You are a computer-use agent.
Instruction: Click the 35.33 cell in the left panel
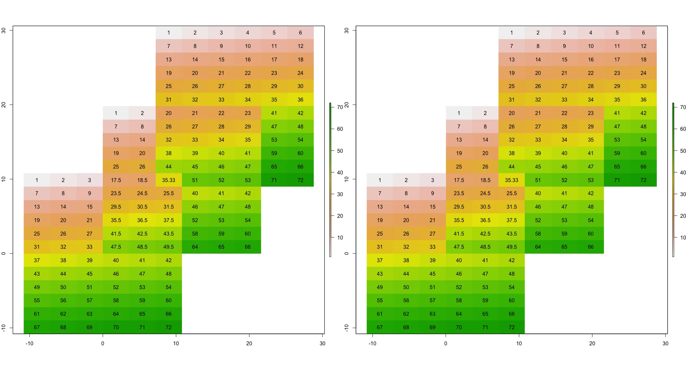click(x=168, y=180)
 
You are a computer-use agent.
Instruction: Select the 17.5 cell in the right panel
click(x=459, y=180)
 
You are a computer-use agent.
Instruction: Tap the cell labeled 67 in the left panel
click(x=37, y=327)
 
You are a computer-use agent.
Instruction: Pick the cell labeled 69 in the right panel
click(x=432, y=327)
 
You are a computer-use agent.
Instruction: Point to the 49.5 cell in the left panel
click(x=168, y=247)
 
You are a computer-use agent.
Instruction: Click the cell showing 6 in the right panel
click(x=643, y=33)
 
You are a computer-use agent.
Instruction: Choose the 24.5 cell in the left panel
click(x=142, y=193)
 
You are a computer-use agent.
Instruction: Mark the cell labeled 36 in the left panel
click(x=300, y=100)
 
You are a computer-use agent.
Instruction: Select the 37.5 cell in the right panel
click(x=512, y=220)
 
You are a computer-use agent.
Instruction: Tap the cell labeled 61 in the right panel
click(x=380, y=314)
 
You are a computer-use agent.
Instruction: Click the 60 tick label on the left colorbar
click(x=340, y=129)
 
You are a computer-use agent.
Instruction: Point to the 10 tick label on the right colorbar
click(x=683, y=238)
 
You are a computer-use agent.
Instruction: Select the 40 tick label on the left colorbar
click(x=340, y=172)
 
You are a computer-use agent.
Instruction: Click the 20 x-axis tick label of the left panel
click(x=249, y=343)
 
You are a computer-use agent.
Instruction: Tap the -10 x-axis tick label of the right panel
click(x=372, y=343)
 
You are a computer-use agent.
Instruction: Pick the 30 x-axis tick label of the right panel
click(x=665, y=343)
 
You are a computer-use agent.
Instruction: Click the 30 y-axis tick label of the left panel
click(x=4, y=30)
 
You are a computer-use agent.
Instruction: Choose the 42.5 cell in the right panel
click(x=485, y=234)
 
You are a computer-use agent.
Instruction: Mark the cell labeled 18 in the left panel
click(x=300, y=59)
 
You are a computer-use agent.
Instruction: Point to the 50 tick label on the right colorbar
click(x=683, y=151)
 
